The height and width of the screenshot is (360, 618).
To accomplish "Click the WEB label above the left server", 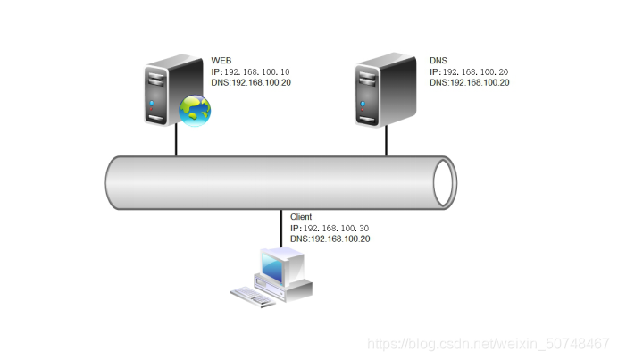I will [x=221, y=60].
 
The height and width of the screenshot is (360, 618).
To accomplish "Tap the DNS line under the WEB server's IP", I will [x=251, y=83].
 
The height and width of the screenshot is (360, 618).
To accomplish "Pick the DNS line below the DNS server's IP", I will [x=469, y=83].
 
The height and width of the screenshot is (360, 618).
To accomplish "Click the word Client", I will [x=302, y=217].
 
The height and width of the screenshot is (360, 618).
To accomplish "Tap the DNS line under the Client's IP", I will [x=330, y=239].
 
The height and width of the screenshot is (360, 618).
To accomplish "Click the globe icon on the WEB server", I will [x=195, y=110].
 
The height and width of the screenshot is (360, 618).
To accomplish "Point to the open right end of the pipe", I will [x=444, y=183].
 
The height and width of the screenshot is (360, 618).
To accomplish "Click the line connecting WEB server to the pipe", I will [x=176, y=141].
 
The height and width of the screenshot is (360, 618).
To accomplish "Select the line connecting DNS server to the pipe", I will [x=387, y=141].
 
